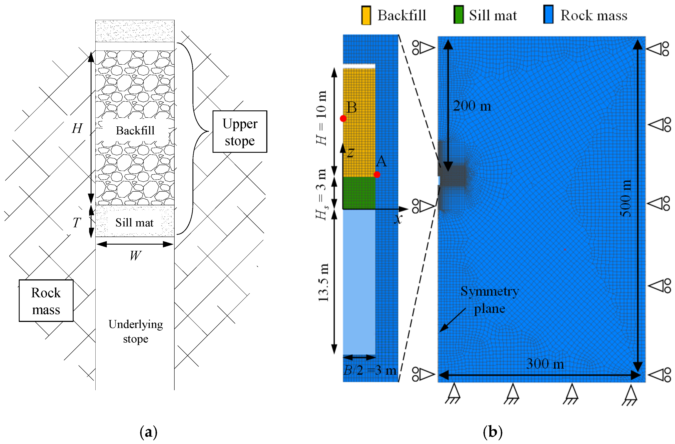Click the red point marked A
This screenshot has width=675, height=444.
(x=377, y=175)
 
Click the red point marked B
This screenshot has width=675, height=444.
(x=343, y=118)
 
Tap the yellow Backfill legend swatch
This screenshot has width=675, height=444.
(x=366, y=15)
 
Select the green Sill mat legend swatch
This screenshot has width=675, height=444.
(x=458, y=15)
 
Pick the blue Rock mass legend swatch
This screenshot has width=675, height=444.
(x=548, y=14)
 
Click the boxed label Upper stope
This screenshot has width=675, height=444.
(x=240, y=132)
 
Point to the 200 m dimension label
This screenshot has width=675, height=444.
(x=472, y=106)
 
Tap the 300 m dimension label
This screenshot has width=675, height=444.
(x=545, y=364)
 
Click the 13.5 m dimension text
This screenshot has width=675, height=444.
(x=323, y=282)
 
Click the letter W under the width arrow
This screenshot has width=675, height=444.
(x=135, y=256)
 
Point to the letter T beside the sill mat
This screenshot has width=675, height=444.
(x=77, y=223)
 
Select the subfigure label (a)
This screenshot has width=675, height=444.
(x=148, y=432)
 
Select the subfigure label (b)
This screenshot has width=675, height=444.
(x=492, y=432)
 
